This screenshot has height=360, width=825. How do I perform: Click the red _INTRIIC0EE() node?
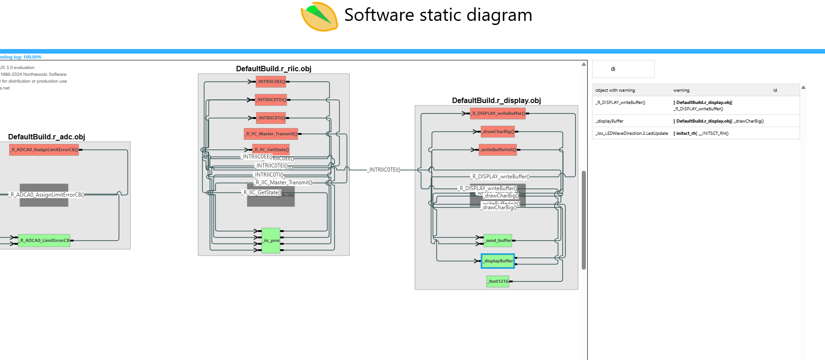coord(271,82)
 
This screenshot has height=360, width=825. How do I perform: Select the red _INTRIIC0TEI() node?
coord(271,100)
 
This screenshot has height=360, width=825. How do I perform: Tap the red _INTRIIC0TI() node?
coord(271,118)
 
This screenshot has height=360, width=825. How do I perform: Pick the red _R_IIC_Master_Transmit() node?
coord(271,134)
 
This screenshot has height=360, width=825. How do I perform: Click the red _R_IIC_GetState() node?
coord(271,149)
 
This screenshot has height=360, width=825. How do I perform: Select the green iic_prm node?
coord(271,241)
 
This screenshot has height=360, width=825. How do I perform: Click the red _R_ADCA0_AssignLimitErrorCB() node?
coord(44,149)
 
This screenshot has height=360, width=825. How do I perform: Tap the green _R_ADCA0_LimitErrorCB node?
coord(44,241)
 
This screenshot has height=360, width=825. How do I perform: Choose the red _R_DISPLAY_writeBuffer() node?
coord(498,113)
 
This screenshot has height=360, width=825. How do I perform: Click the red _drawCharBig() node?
coord(498,132)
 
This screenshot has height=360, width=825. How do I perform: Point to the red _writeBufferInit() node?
coord(498,149)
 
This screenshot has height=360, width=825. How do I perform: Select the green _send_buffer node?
coord(498,241)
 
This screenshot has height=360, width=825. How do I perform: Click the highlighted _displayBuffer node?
coord(498,261)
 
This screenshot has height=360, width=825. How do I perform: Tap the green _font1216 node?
coord(498,281)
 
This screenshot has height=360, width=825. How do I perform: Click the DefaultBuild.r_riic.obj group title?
coord(274,69)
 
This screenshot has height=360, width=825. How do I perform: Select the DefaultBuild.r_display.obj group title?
coord(496,101)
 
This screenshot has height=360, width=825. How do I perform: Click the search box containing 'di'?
coord(623,69)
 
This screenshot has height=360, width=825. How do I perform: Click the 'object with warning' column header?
coord(615,90)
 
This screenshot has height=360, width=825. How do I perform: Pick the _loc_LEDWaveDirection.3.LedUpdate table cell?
coord(632,133)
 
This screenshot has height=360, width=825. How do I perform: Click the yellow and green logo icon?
coord(319,17)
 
